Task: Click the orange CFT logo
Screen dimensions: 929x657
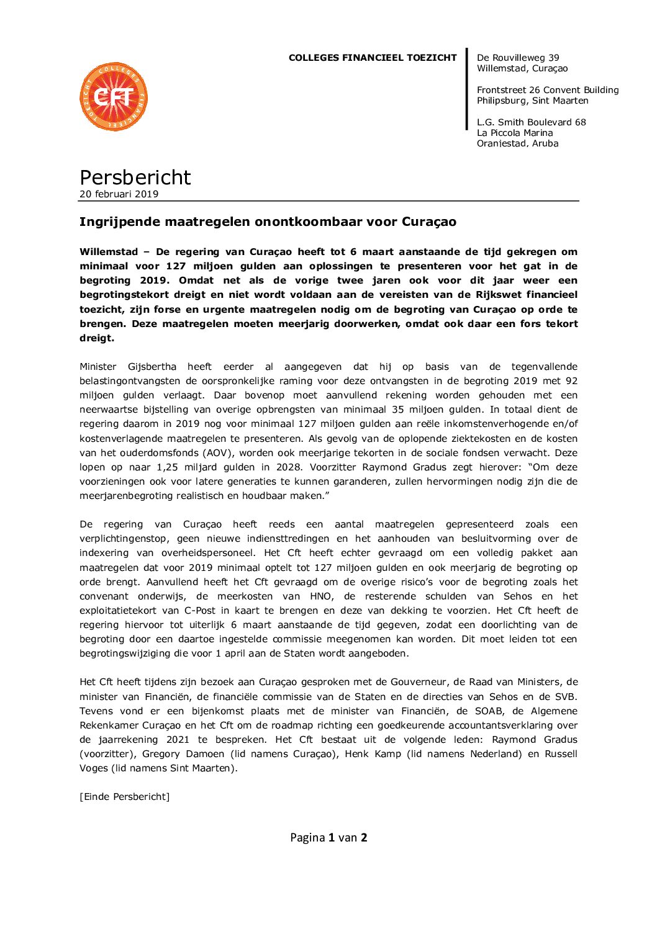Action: [114, 97]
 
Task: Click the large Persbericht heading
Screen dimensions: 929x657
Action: [135, 177]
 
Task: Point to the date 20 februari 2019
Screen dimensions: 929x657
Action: [119, 194]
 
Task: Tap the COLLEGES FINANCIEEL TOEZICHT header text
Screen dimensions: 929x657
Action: [372, 58]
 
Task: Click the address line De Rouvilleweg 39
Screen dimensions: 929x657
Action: [518, 58]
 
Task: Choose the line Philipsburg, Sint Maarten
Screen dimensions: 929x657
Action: [532, 101]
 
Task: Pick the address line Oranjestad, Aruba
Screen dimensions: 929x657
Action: [517, 143]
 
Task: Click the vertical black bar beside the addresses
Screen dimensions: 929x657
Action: [467, 89]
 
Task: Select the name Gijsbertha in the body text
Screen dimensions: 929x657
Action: [152, 367]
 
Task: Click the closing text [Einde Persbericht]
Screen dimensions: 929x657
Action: [124, 797]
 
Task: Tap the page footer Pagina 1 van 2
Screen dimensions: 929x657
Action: [328, 838]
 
